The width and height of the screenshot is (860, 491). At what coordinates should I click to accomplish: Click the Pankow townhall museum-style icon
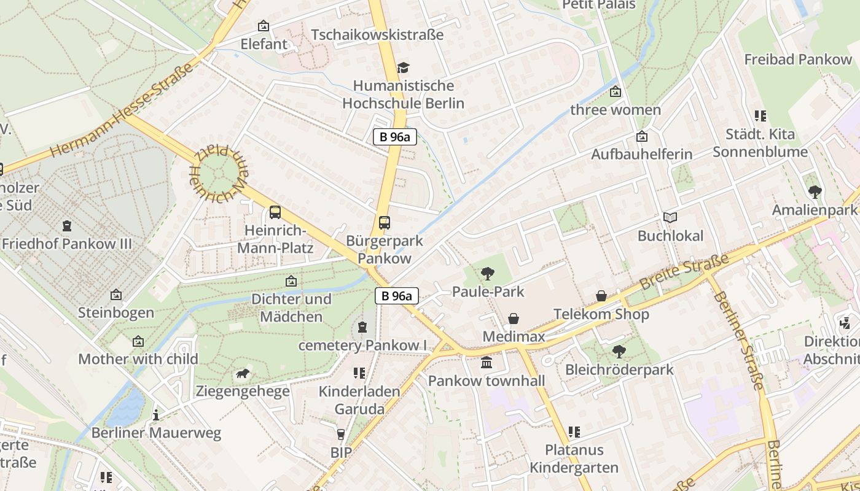coord(487,363)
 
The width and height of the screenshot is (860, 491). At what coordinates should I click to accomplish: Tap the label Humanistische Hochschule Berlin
coord(403,95)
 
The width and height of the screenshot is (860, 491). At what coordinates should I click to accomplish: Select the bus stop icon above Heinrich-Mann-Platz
coord(275,212)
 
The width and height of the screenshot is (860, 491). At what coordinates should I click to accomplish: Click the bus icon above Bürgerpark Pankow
coord(385,223)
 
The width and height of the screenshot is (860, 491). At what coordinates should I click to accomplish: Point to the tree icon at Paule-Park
coord(488,273)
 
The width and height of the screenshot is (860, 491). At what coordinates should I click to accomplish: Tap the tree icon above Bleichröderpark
coord(619,352)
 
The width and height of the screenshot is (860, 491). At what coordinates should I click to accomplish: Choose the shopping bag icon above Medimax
coord(514,319)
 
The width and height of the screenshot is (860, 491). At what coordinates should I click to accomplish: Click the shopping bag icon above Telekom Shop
coord(601,296)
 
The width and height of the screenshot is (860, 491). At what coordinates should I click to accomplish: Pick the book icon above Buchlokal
coord(670,217)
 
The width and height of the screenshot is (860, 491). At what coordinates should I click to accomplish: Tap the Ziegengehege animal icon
coord(243,373)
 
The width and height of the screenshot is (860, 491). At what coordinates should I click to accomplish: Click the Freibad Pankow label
coord(798,60)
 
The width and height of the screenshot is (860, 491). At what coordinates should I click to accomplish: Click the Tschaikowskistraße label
coord(377,35)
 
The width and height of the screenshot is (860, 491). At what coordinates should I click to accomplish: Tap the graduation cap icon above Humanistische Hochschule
coord(403,67)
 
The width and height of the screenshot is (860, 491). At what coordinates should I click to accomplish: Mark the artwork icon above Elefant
coord(264,26)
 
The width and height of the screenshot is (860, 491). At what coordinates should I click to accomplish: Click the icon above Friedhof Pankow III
coord(67,226)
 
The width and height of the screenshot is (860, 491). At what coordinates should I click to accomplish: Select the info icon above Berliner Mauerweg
coord(156,414)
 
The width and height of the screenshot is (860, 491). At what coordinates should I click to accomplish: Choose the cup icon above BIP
coord(341,435)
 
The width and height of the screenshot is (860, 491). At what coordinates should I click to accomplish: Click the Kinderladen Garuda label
coord(359,400)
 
